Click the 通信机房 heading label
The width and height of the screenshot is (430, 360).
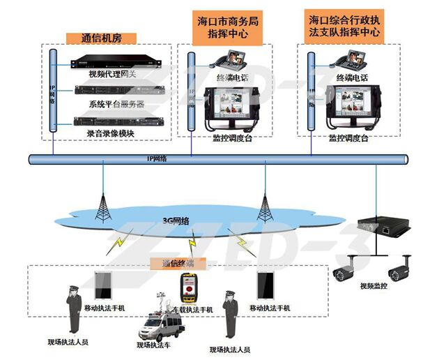point(101,38)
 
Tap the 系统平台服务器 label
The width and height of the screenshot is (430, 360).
point(116,103)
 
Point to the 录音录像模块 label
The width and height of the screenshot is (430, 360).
point(110,133)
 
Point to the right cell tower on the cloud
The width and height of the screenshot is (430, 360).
point(265,203)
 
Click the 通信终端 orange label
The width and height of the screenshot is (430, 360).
point(173,264)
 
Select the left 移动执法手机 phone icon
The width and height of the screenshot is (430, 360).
point(102,285)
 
